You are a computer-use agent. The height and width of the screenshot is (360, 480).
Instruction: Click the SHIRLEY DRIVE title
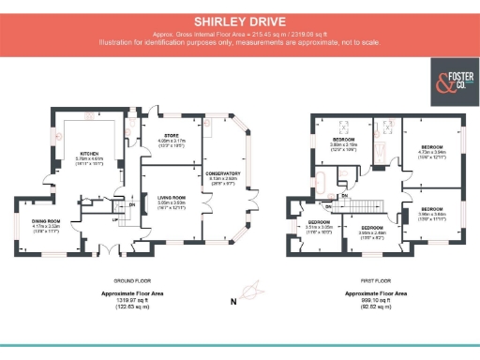point(239,19)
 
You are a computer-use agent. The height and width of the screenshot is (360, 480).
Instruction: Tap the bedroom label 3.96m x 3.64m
point(431,209)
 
